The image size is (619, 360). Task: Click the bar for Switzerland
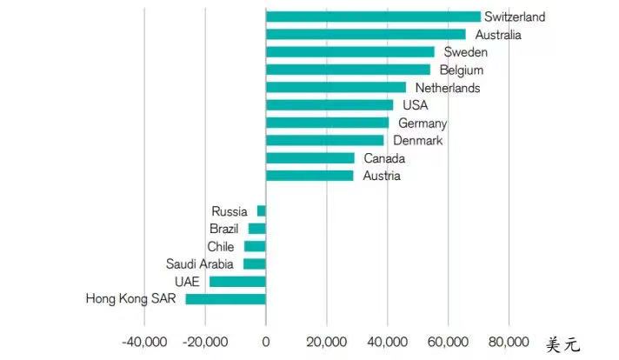[373, 17]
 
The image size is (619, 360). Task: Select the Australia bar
[365, 35]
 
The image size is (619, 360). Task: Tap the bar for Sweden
[349, 52]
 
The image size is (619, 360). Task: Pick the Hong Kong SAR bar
[225, 299]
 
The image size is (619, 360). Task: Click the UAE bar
[237, 282]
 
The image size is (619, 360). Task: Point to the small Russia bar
[261, 211]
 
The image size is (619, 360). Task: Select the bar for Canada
[309, 158]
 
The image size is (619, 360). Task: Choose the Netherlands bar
[336, 88]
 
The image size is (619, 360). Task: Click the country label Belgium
[461, 70]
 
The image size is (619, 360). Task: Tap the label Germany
[423, 123]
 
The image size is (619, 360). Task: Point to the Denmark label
[418, 141]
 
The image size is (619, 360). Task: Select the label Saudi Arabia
[201, 263]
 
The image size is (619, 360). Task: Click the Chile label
[220, 246]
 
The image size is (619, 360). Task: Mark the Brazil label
[224, 229]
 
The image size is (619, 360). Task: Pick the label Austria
[381, 176]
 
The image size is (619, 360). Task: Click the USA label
[416, 105]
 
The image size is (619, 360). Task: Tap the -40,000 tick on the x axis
[142, 340]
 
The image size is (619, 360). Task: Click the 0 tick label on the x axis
[265, 340]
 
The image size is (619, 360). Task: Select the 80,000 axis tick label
[509, 340]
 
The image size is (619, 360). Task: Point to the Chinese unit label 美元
[562, 344]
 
